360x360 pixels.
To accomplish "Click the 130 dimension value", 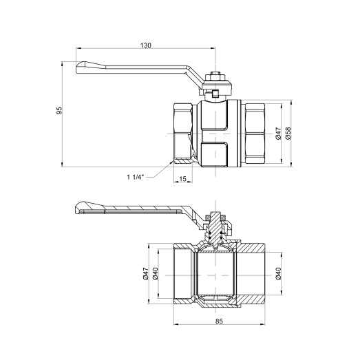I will (145, 45).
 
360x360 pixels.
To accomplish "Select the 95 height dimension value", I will (61, 109).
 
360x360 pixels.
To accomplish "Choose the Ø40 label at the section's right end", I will (278, 274).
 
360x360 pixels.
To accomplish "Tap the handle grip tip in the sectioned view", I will (79, 208).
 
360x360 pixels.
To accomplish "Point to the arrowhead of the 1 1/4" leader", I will (172, 163).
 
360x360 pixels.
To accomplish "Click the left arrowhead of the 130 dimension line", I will (76, 49).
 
